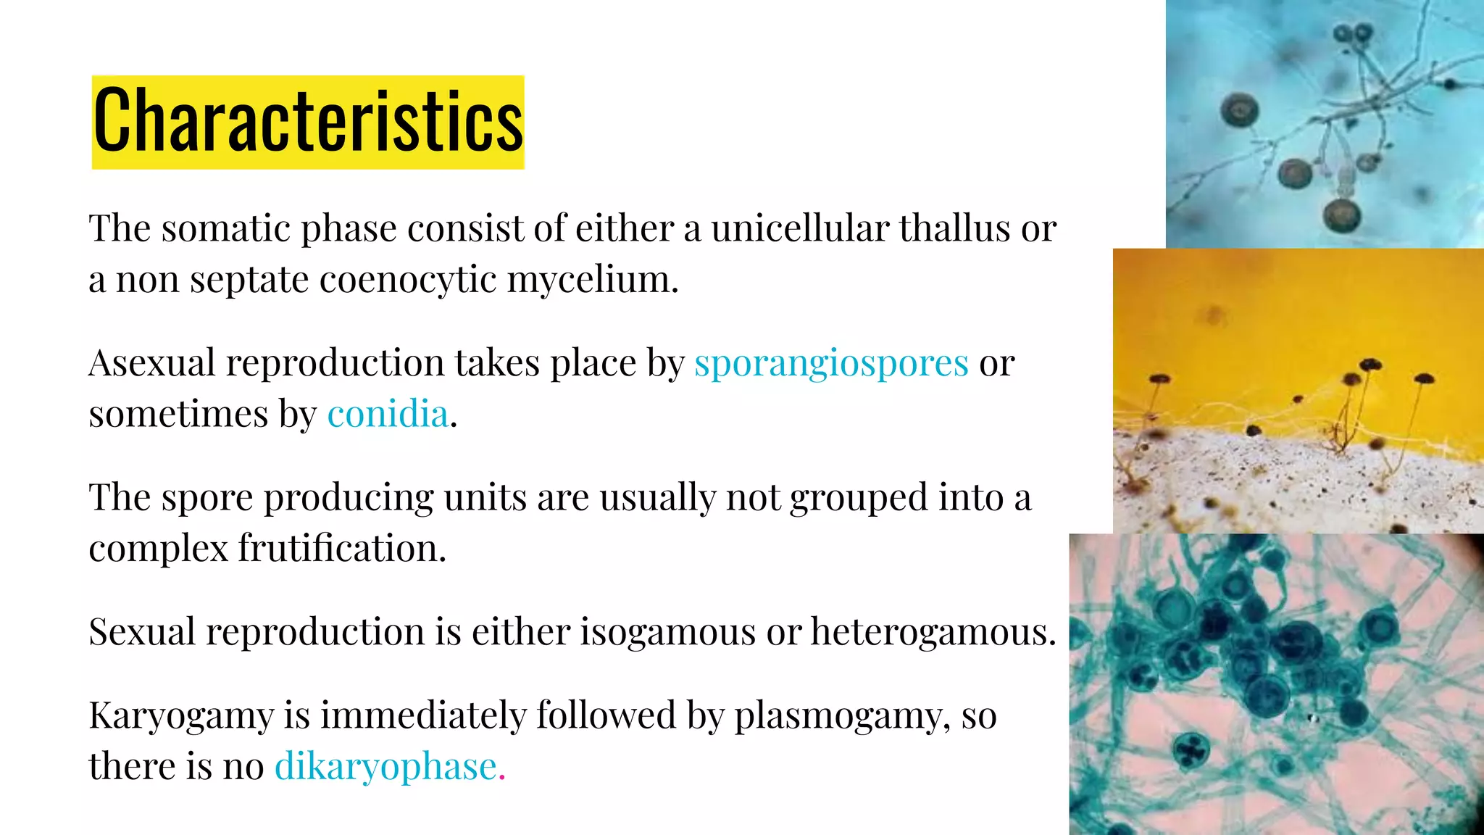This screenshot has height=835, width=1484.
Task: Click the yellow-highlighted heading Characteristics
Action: pos(308,122)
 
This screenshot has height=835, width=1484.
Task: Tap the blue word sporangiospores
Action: pos(831,363)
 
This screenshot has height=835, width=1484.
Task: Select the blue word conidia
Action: pos(388,414)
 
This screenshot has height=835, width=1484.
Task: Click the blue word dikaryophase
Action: pos(385,766)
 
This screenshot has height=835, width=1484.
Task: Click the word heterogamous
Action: pos(933,631)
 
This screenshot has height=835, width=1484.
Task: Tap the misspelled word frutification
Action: pos(342,548)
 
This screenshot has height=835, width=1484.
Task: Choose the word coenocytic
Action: pos(407,279)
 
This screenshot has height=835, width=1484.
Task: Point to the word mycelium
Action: pos(593,281)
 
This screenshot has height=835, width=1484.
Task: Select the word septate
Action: pos(249,281)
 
